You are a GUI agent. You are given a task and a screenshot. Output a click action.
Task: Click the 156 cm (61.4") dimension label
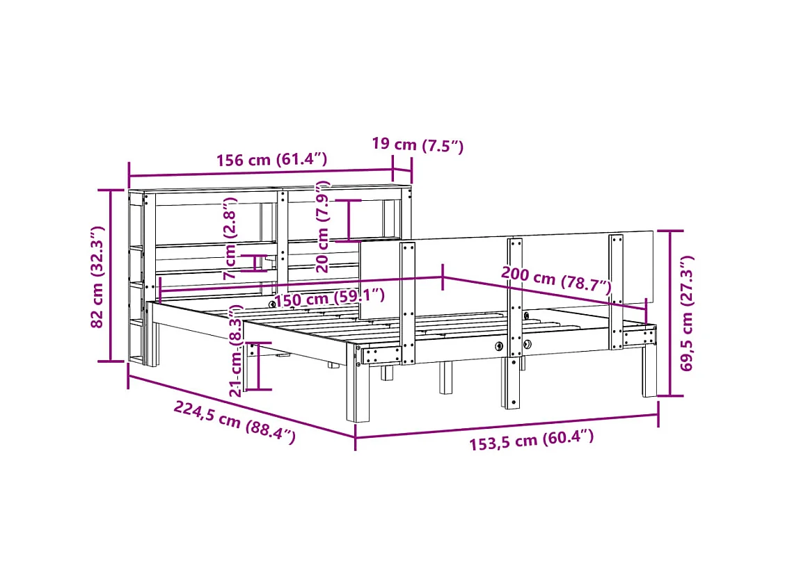point(271,160)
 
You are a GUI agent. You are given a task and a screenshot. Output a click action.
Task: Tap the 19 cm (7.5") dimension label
point(418,145)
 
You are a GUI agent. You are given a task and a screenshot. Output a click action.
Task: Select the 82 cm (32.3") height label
point(97,277)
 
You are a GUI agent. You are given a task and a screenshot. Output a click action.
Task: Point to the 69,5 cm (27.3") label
point(687,313)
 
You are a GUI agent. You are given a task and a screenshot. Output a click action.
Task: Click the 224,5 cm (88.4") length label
point(235,422)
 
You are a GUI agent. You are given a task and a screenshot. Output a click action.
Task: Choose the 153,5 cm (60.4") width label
point(532,440)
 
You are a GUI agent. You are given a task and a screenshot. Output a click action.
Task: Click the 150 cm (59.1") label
point(330,298)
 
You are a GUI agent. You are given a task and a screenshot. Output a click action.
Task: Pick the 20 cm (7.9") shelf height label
point(323,227)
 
